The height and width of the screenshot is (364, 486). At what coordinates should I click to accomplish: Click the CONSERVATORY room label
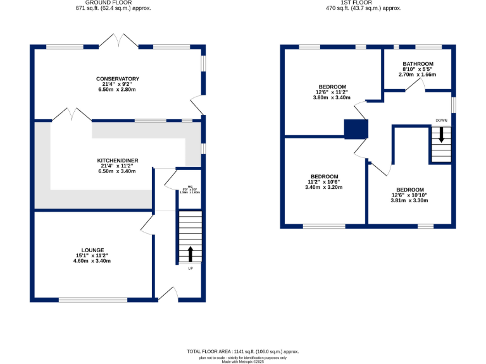point(118,79)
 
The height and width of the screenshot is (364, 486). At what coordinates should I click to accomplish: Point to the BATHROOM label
point(418,64)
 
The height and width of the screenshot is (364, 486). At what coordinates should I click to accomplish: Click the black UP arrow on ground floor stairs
point(190,254)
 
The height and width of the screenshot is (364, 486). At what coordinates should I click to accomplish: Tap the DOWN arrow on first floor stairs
point(441,134)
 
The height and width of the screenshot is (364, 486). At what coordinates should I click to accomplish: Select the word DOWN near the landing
point(441,119)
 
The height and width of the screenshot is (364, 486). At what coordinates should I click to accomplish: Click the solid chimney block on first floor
point(356,129)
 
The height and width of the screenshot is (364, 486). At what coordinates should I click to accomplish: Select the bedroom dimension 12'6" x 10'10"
point(410,195)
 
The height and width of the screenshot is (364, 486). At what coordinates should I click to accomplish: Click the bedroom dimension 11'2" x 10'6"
point(323,182)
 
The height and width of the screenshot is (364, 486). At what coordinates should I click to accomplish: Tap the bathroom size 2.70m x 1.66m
point(418,74)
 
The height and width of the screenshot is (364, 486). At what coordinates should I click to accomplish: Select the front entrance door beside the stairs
point(167,292)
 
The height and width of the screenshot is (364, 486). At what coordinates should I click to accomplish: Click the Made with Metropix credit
point(242,361)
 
